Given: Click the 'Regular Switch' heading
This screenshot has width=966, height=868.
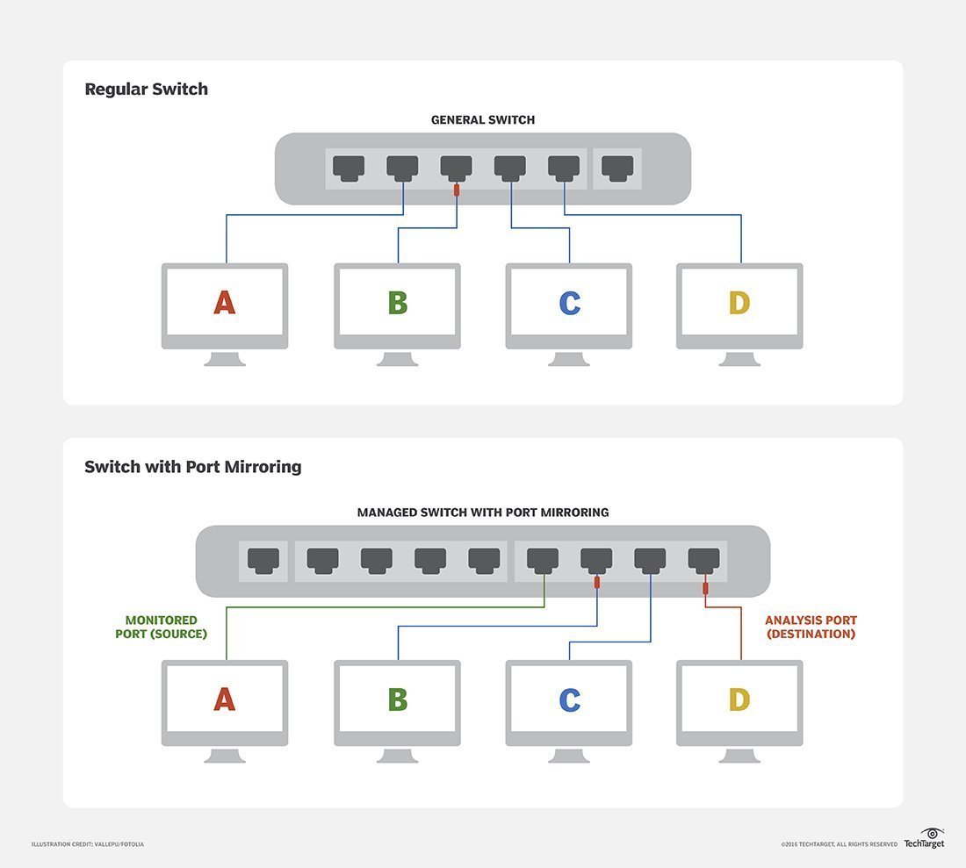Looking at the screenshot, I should [x=146, y=90].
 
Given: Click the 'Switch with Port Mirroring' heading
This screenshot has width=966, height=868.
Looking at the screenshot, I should [x=192, y=467].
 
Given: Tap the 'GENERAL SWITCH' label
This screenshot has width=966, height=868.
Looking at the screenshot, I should [x=482, y=120].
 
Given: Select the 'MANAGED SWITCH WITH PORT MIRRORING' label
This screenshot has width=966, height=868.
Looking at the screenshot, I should [x=482, y=513].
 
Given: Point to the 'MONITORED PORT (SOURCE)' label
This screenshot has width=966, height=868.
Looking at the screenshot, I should [x=161, y=627].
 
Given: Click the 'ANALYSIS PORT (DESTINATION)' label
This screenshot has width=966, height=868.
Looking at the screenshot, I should [x=810, y=627].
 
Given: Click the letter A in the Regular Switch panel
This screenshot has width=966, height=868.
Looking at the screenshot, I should [x=225, y=303].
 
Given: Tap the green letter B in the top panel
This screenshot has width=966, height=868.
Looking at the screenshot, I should [x=397, y=303].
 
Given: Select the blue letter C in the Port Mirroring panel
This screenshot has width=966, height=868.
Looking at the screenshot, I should [x=569, y=699].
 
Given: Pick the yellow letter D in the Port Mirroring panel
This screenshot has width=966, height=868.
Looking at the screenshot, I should [x=739, y=699].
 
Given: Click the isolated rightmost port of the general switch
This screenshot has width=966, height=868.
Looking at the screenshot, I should [x=617, y=167].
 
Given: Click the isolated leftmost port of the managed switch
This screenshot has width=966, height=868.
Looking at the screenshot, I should [x=263, y=559].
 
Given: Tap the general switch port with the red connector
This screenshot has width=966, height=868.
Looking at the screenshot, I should [x=456, y=167].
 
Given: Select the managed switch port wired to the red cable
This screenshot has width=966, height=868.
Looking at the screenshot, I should [x=703, y=559].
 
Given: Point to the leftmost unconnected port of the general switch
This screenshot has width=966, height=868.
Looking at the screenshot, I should [x=349, y=167].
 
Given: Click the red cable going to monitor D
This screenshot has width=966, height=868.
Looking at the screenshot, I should [x=741, y=632].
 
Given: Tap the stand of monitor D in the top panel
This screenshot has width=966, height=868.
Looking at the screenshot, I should [x=739, y=359].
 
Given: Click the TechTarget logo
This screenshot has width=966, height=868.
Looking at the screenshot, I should [x=924, y=838].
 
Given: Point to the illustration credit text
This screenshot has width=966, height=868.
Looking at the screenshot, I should [x=88, y=844].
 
